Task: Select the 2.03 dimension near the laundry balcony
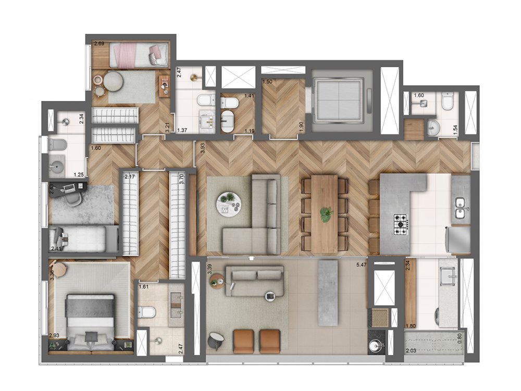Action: pos(412,352)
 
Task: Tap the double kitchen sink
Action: pos(460,208)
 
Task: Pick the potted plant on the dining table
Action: pos(326,213)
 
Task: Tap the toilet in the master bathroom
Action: pos(146,312)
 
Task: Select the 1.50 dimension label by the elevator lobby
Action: pos(267,82)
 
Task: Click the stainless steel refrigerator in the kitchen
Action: pos(458,239)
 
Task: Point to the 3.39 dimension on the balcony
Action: pos(209,269)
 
